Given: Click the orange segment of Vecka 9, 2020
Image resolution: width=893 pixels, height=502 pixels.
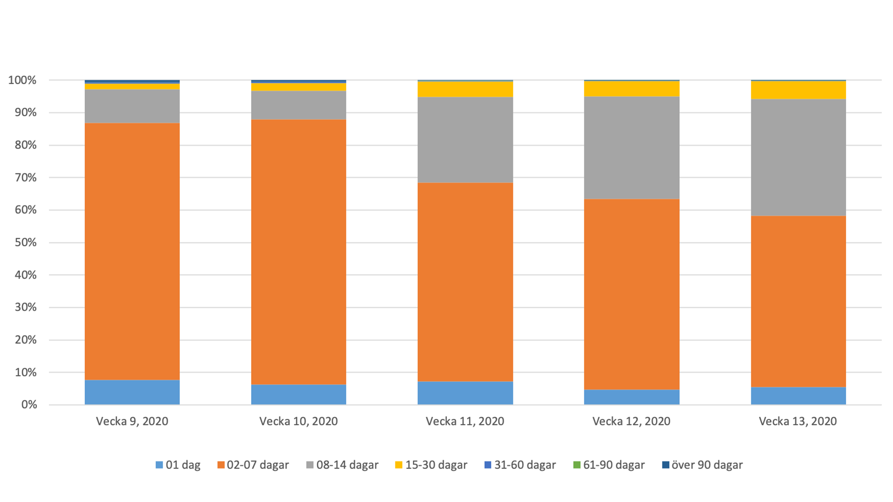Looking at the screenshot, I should (x=132, y=251).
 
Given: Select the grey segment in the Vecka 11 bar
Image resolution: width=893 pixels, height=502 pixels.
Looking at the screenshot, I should (x=465, y=139).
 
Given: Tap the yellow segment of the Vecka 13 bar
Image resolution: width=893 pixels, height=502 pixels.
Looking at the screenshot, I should (x=798, y=90).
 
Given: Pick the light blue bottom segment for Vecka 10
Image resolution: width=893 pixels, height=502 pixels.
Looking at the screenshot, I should (x=299, y=394).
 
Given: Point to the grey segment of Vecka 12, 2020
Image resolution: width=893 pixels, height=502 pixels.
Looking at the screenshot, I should (x=632, y=148).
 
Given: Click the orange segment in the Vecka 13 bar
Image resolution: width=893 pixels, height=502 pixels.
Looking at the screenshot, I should (x=798, y=301).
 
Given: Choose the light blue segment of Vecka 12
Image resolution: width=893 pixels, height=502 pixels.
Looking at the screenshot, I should (x=632, y=397).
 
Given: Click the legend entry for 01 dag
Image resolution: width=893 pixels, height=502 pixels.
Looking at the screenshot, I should (x=178, y=465).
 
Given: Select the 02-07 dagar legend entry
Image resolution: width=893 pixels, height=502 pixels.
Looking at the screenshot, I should (x=253, y=465).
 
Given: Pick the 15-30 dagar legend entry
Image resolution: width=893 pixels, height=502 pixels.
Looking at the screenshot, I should (x=431, y=465).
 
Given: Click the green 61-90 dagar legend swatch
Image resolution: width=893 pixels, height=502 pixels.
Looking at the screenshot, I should (x=577, y=465).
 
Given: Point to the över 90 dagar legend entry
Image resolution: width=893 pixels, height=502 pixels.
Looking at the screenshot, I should (x=702, y=465).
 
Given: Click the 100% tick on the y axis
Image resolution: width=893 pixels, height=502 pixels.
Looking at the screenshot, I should (x=22, y=80).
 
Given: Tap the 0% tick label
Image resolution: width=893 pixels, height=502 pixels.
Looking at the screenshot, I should (x=29, y=405).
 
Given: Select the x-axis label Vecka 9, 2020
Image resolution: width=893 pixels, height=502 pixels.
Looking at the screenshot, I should (x=132, y=421).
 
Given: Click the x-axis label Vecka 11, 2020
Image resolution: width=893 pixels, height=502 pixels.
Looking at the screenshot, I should (x=465, y=421).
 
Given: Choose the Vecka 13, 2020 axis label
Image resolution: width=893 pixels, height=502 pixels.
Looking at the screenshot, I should (x=798, y=421).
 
